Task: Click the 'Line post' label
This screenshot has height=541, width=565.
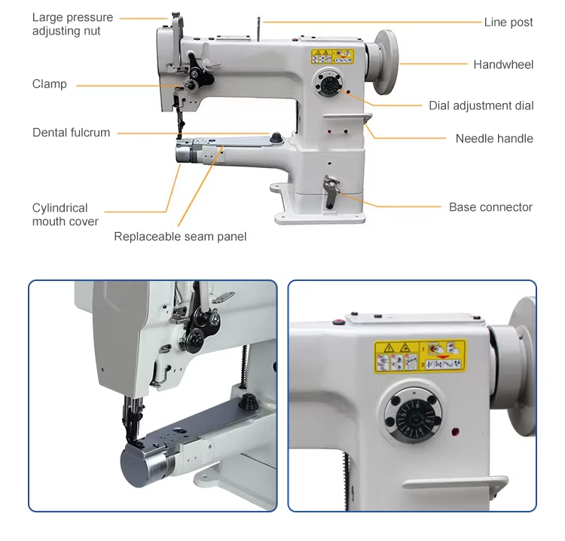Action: pyautogui.click(x=508, y=23)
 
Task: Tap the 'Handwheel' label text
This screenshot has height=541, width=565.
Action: pyautogui.click(x=503, y=65)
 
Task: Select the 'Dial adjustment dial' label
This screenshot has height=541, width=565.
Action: pyautogui.click(x=481, y=105)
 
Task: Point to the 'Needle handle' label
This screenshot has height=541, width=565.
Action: pyautogui.click(x=494, y=139)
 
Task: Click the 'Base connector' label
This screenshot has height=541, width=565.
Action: pyautogui.click(x=490, y=207)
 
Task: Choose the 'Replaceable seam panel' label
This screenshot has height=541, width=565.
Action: pyautogui.click(x=180, y=237)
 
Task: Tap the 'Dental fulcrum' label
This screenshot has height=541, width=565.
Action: pyautogui.click(x=71, y=133)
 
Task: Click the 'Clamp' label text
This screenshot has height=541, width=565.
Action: pyautogui.click(x=50, y=84)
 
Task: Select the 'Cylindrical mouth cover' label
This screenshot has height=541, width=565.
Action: pyautogui.click(x=66, y=215)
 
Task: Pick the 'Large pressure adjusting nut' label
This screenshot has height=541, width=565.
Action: pyautogui.click(x=72, y=24)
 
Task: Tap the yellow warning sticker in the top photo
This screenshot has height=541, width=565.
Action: pyautogui.click(x=332, y=57)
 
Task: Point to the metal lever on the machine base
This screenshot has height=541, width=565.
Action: pyautogui.click(x=331, y=191)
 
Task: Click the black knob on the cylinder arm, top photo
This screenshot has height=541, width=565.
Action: pyautogui.click(x=276, y=137)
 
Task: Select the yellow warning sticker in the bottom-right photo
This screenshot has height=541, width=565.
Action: pyautogui.click(x=420, y=356)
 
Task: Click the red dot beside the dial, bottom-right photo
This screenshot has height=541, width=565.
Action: pyautogui.click(x=456, y=431)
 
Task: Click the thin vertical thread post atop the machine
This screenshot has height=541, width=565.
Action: pyautogui.click(x=258, y=29)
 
